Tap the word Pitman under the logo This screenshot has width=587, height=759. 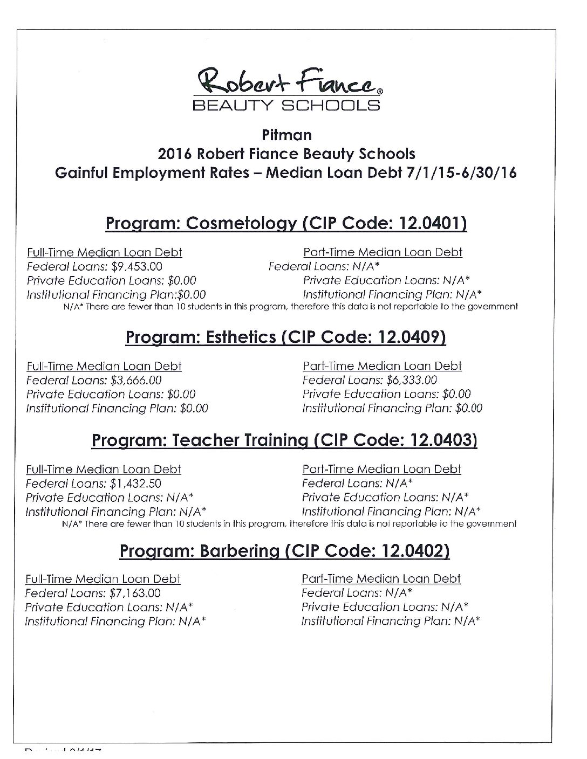(x=286, y=134)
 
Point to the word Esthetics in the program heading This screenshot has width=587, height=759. (x=235, y=337)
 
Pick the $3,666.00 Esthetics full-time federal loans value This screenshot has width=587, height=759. (x=136, y=380)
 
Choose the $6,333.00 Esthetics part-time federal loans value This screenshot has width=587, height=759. (x=412, y=380)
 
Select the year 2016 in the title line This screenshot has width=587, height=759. (x=174, y=154)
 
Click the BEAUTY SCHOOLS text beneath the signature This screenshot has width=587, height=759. (x=286, y=105)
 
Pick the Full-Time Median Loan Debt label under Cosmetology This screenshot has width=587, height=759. (x=105, y=252)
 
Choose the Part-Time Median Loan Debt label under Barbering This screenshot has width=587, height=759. (x=381, y=578)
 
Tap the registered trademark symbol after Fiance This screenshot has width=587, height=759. (x=380, y=92)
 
